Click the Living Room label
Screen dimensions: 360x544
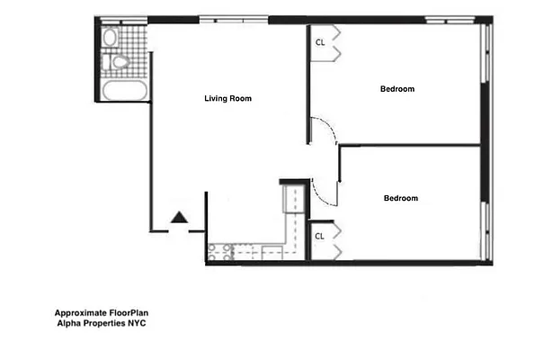(x=227, y=99)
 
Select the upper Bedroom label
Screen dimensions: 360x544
(x=397, y=88)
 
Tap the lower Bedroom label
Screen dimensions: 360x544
(x=400, y=198)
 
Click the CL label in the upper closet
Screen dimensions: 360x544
(x=320, y=41)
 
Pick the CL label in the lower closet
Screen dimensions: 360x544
(x=319, y=236)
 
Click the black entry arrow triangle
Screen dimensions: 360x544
(x=179, y=217)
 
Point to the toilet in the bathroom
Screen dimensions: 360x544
(x=118, y=62)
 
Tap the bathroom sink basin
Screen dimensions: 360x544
(x=110, y=38)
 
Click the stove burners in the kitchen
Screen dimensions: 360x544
(x=216, y=252)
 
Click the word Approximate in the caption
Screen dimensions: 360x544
(x=79, y=314)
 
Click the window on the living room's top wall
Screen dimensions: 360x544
(x=233, y=19)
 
